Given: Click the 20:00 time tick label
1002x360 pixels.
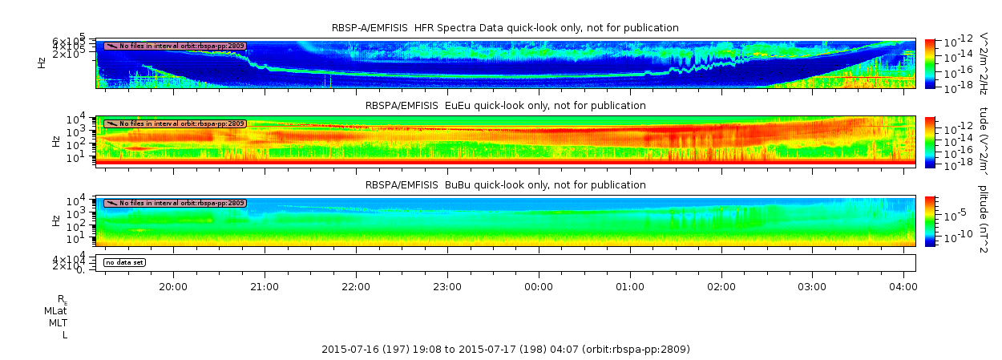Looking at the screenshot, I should click(x=173, y=286).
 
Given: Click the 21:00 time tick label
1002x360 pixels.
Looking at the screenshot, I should click(x=265, y=286).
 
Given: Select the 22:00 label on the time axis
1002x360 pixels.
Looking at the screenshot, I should click(x=356, y=286).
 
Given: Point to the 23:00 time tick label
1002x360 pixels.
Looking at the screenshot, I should click(x=447, y=286).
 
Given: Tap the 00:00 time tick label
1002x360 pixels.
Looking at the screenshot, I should click(x=539, y=286).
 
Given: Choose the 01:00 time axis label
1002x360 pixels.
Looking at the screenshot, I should click(x=630, y=286).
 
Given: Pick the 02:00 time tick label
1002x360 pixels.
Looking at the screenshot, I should click(x=721, y=286).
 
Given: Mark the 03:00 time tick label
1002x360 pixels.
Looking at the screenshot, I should click(x=813, y=286).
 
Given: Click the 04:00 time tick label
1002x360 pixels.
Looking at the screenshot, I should click(x=903, y=286).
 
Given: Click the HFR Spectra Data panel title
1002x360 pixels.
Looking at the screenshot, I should click(x=505, y=28).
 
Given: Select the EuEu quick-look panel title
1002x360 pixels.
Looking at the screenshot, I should click(x=505, y=106).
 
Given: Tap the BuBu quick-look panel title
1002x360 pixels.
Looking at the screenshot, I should click(x=505, y=185).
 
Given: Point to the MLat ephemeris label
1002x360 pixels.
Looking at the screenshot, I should click(x=55, y=310).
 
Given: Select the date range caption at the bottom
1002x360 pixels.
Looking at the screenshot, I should click(x=505, y=350).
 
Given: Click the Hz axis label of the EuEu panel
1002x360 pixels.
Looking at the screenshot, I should click(x=55, y=141).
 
